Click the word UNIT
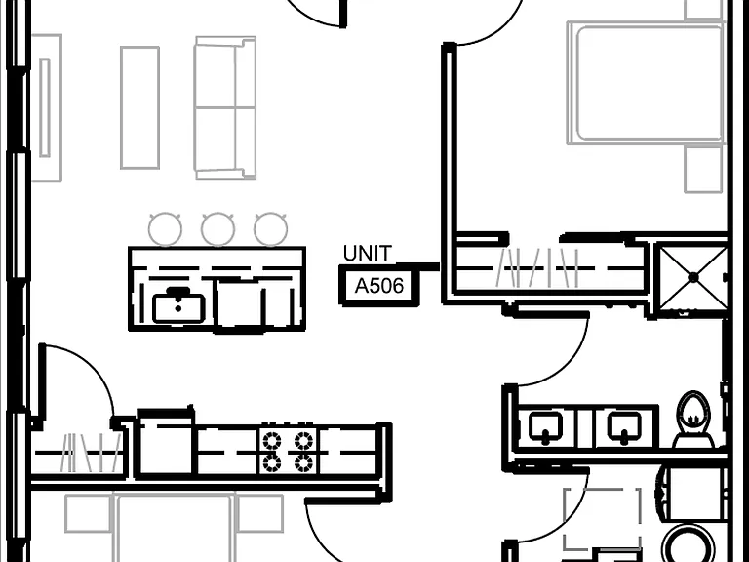368,254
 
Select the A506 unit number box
379,286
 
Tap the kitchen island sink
178,306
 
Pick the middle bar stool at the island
217,229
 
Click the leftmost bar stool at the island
165,229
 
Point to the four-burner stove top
288,451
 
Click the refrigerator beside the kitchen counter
165,444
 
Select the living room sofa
225,107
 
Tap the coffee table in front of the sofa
140,107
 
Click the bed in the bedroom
646,83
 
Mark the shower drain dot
693,277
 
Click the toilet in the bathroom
693,420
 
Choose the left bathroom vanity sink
547,426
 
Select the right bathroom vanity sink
624,426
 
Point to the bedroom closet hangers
538,268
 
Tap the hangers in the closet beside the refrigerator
91,452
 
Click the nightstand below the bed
703,169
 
